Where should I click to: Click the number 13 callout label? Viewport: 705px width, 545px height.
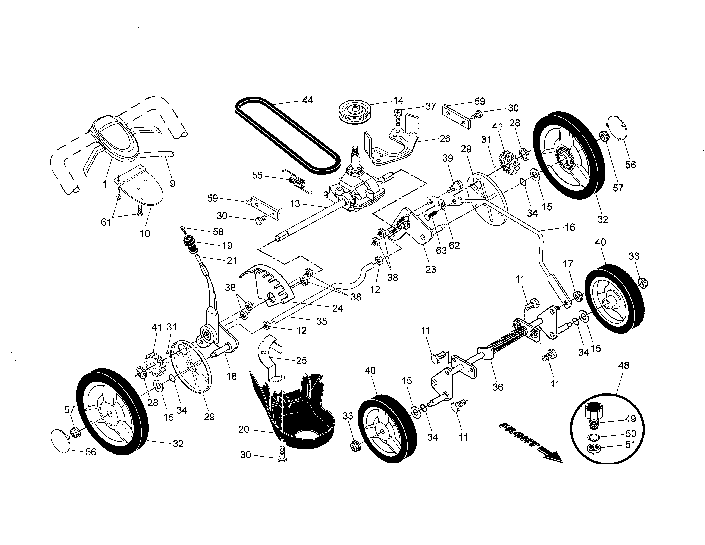295,204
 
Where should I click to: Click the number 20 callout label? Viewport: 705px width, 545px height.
244,429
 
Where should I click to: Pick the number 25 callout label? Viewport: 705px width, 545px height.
301,360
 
